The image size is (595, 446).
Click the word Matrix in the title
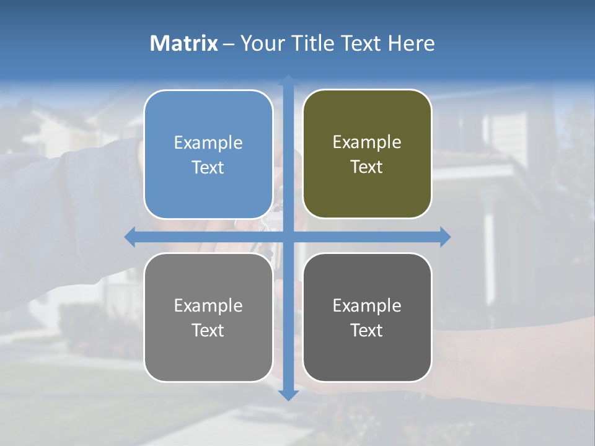[x=184, y=43]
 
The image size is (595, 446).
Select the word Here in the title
[x=412, y=43]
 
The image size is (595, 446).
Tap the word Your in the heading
[x=261, y=43]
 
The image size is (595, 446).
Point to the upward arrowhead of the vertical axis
[x=288, y=80]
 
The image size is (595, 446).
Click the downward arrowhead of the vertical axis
[x=288, y=395]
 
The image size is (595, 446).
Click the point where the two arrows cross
[x=288, y=237]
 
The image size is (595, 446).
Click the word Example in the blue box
[x=208, y=143]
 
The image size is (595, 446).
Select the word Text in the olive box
[x=367, y=167]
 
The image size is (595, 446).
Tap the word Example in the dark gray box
[x=367, y=305]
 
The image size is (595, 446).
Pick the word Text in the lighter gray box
[x=208, y=330]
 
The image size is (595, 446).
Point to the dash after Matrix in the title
[x=229, y=44]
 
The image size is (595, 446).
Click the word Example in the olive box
[x=367, y=142]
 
